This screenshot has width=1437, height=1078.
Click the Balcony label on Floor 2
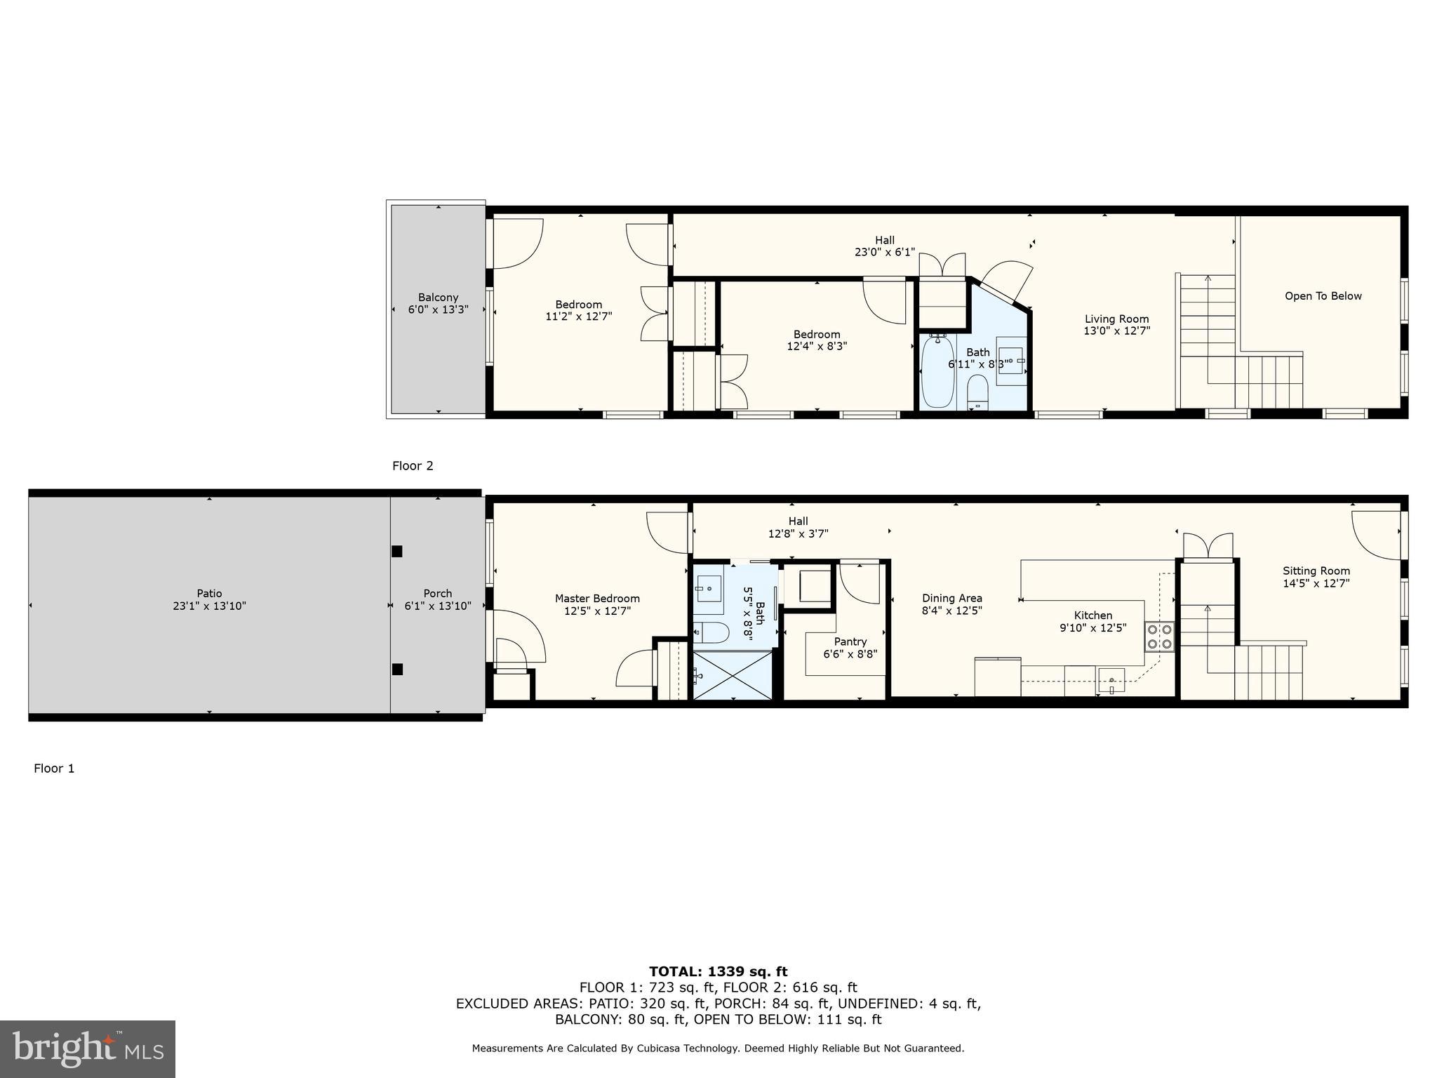pyautogui.click(x=438, y=298)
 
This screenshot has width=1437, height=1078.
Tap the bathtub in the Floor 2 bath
pyautogui.click(x=937, y=371)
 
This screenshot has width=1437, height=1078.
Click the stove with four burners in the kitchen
pyautogui.click(x=1159, y=637)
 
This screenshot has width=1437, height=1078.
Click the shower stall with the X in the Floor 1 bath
pyautogui.click(x=732, y=675)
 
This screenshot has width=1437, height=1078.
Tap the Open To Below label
pyautogui.click(x=1323, y=296)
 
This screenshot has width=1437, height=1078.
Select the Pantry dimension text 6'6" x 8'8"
pyautogui.click(x=850, y=654)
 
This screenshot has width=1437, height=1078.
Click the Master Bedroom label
pyautogui.click(x=597, y=599)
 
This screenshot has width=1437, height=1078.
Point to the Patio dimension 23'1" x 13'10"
pyautogui.click(x=209, y=606)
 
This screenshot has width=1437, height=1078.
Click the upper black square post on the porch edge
pyautogui.click(x=397, y=552)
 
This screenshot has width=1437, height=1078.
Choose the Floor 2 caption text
pyautogui.click(x=413, y=466)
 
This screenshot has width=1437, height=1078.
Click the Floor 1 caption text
pyautogui.click(x=54, y=768)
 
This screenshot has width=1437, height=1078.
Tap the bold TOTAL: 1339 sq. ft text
pyautogui.click(x=718, y=971)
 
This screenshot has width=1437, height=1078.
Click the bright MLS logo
pyautogui.click(x=88, y=1049)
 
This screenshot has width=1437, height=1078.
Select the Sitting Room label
pyautogui.click(x=1316, y=571)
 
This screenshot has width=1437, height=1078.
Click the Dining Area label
pyautogui.click(x=951, y=599)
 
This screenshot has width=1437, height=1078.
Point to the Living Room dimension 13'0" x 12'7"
pyautogui.click(x=1116, y=331)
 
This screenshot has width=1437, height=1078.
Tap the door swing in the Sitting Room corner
pyautogui.click(x=1375, y=535)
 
